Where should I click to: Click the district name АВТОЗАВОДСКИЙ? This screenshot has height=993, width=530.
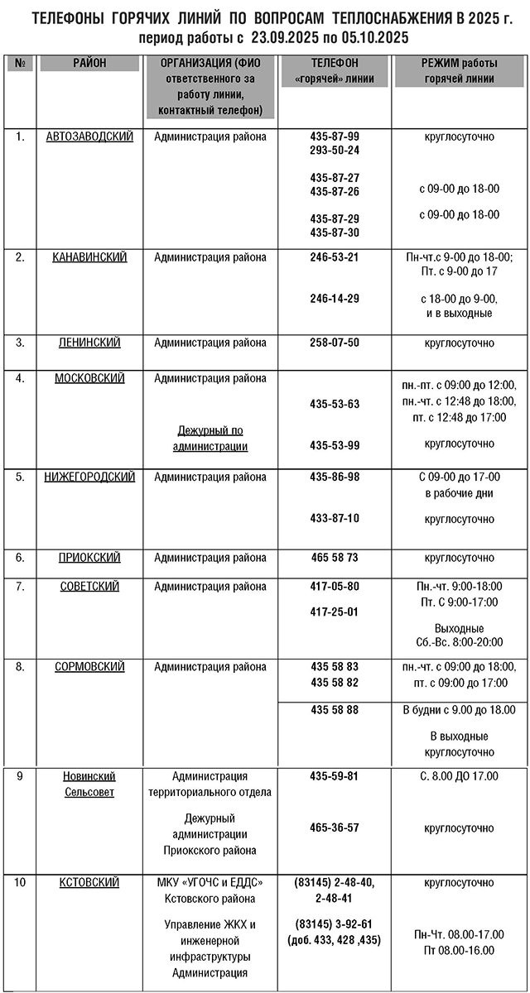(89, 137)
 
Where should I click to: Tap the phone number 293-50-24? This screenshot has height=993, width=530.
(335, 150)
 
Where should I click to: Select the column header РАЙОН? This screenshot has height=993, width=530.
(89, 63)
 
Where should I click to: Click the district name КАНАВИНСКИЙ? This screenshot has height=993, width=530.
(89, 257)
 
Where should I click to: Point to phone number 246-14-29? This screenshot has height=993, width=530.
(335, 298)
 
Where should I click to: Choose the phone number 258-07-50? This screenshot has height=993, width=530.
(335, 342)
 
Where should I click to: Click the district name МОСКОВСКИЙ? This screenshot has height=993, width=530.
(89, 378)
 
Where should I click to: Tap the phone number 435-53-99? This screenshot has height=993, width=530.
(335, 445)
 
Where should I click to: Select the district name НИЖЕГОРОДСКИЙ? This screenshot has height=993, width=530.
(89, 477)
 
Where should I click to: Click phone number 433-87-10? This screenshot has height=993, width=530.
(335, 518)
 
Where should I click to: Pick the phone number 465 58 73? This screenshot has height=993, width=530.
(335, 558)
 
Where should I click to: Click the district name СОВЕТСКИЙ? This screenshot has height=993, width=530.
(89, 587)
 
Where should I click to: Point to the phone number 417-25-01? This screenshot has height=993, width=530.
(335, 612)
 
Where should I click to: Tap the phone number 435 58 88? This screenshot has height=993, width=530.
(335, 709)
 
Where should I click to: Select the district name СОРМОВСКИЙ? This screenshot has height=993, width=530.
(89, 667)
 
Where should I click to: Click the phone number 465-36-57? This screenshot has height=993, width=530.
(335, 827)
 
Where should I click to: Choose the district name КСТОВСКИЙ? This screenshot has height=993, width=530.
(89, 883)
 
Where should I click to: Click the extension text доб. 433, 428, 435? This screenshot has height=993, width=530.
(335, 940)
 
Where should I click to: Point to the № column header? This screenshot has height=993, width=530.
(19, 63)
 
